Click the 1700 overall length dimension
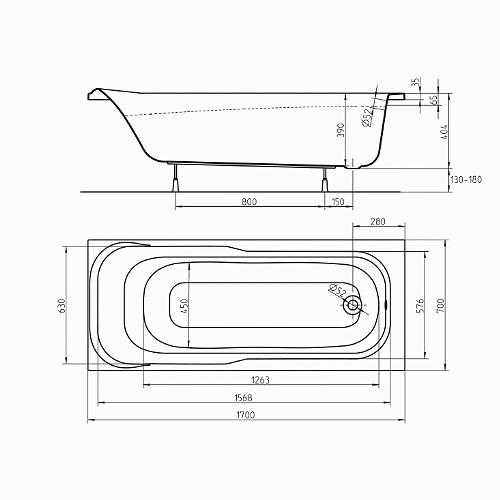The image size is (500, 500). pos(246,415)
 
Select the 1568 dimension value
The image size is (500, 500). pos(244,397)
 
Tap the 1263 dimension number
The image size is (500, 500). pos(260,380)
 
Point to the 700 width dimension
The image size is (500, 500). pos(441,305)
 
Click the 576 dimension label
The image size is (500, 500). pos(420,305)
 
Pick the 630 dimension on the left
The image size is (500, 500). pos(62,305)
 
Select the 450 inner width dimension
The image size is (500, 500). pos(185,305)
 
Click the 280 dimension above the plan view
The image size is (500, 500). pos(378,221)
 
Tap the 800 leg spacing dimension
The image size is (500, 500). pos(249,202)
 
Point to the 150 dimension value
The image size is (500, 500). pos(338,202)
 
